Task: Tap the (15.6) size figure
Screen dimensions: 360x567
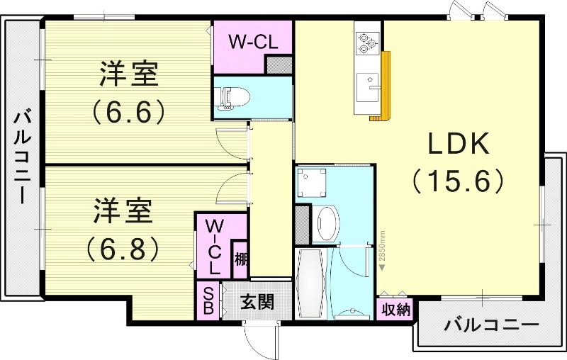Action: [458, 180]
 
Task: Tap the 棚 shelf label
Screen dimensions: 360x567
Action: [241, 260]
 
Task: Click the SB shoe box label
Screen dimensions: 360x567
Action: [210, 300]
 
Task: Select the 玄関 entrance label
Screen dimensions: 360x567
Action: [257, 303]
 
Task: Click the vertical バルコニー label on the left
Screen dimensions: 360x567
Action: [22, 157]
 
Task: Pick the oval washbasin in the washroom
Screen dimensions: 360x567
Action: [327, 223]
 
